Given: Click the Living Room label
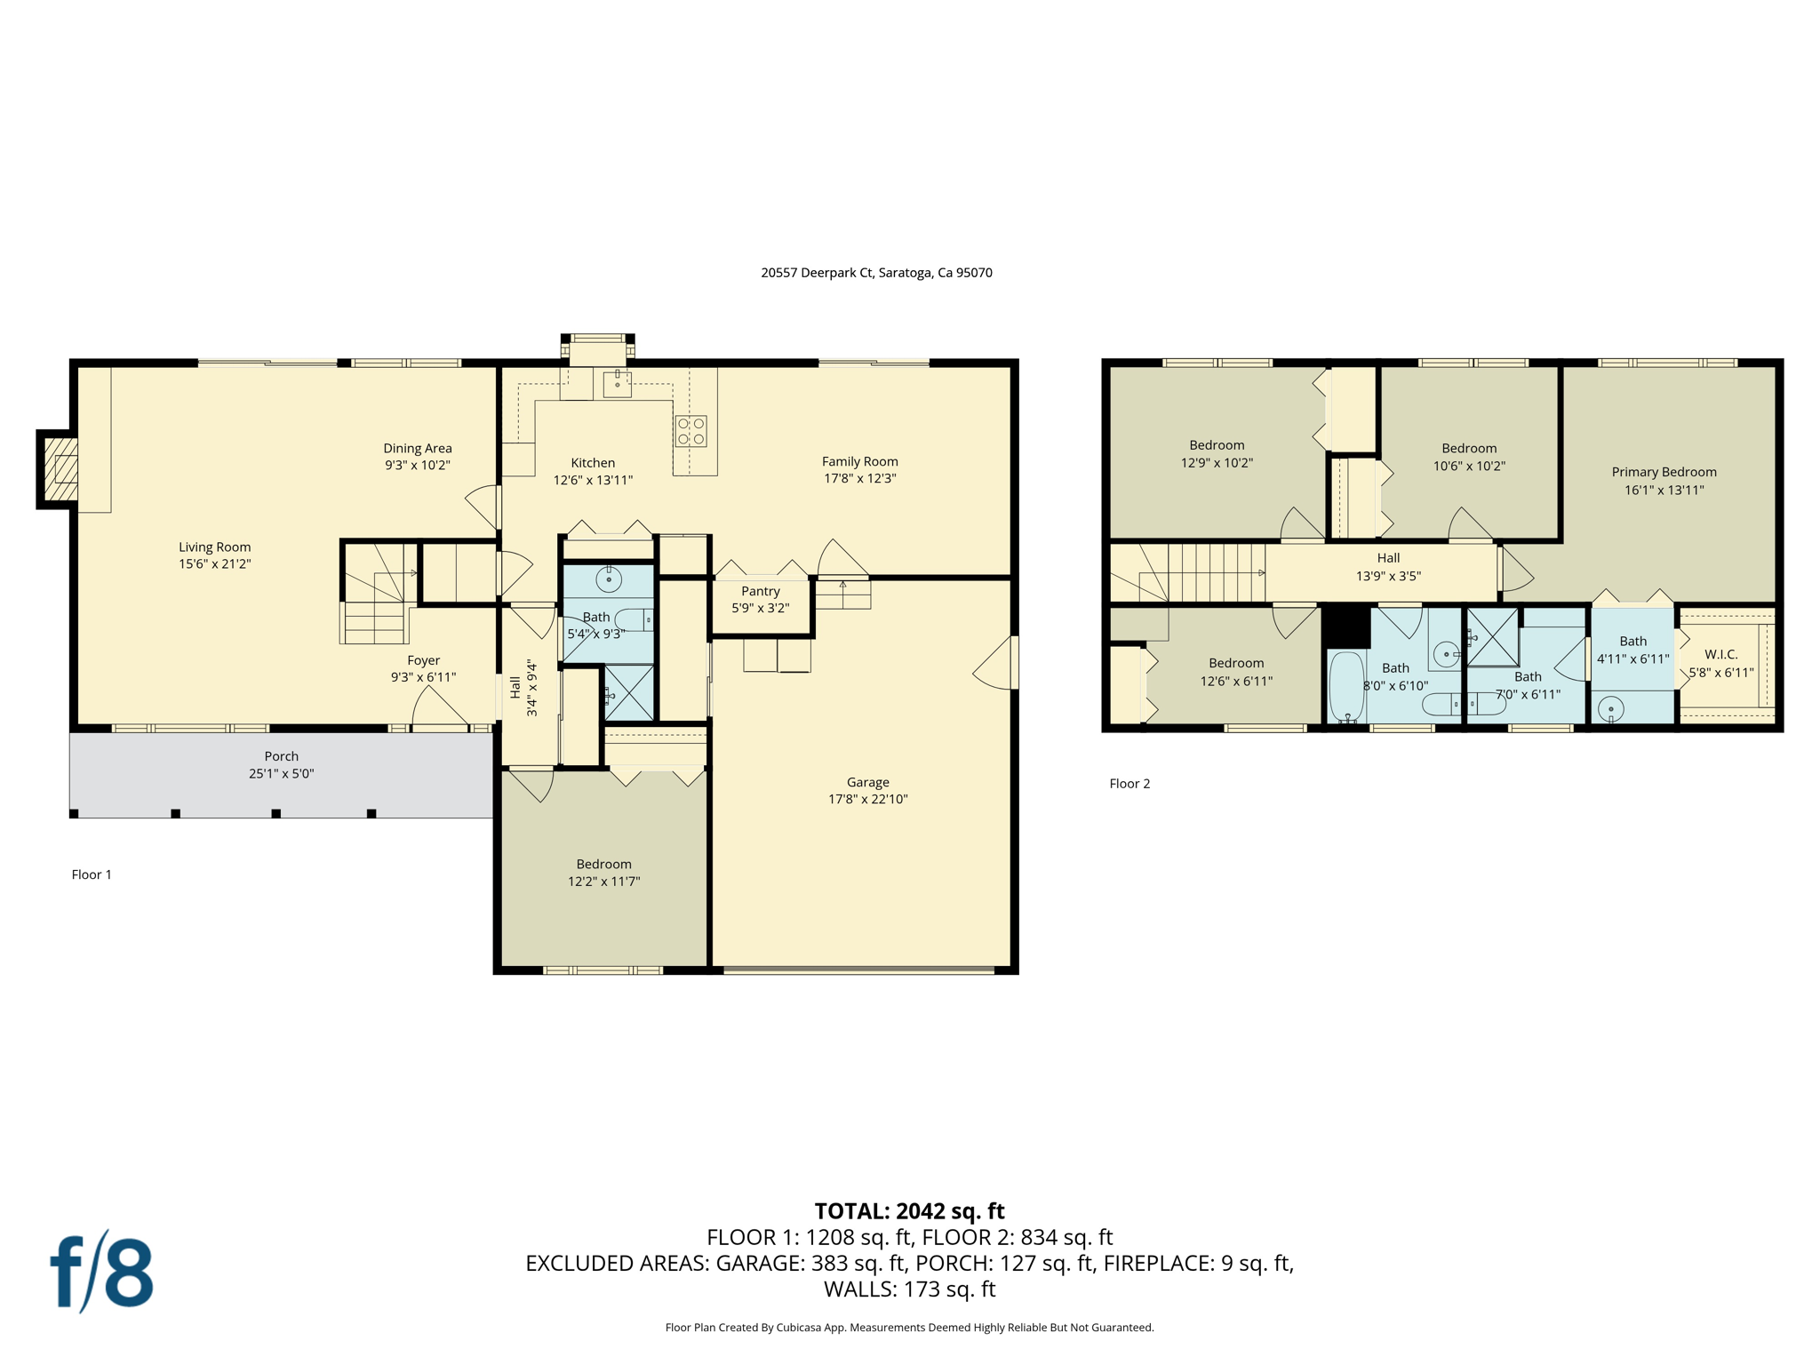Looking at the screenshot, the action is click(x=214, y=547).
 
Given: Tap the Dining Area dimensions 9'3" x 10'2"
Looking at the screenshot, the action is click(x=418, y=465).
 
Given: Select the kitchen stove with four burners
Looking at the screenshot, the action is click(x=690, y=431).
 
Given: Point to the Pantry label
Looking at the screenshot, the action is click(x=761, y=591).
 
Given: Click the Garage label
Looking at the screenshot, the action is click(x=867, y=782).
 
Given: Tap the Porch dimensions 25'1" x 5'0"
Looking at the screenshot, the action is click(x=281, y=773).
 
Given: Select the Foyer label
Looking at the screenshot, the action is click(x=423, y=660).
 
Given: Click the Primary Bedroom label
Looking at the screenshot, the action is click(x=1664, y=472).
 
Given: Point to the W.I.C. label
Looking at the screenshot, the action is click(x=1721, y=654).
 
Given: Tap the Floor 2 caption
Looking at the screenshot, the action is click(x=1130, y=783).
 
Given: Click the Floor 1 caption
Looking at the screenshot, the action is click(x=92, y=874).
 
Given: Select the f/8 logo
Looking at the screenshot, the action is click(x=101, y=1271).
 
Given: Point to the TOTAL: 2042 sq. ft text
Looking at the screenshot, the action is click(x=909, y=1210).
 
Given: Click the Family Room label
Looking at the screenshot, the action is click(x=859, y=461).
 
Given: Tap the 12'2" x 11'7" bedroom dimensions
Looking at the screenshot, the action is click(x=603, y=881).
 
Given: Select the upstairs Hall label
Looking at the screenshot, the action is click(x=1388, y=558).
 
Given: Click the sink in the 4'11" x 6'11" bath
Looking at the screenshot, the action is click(x=1610, y=709).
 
